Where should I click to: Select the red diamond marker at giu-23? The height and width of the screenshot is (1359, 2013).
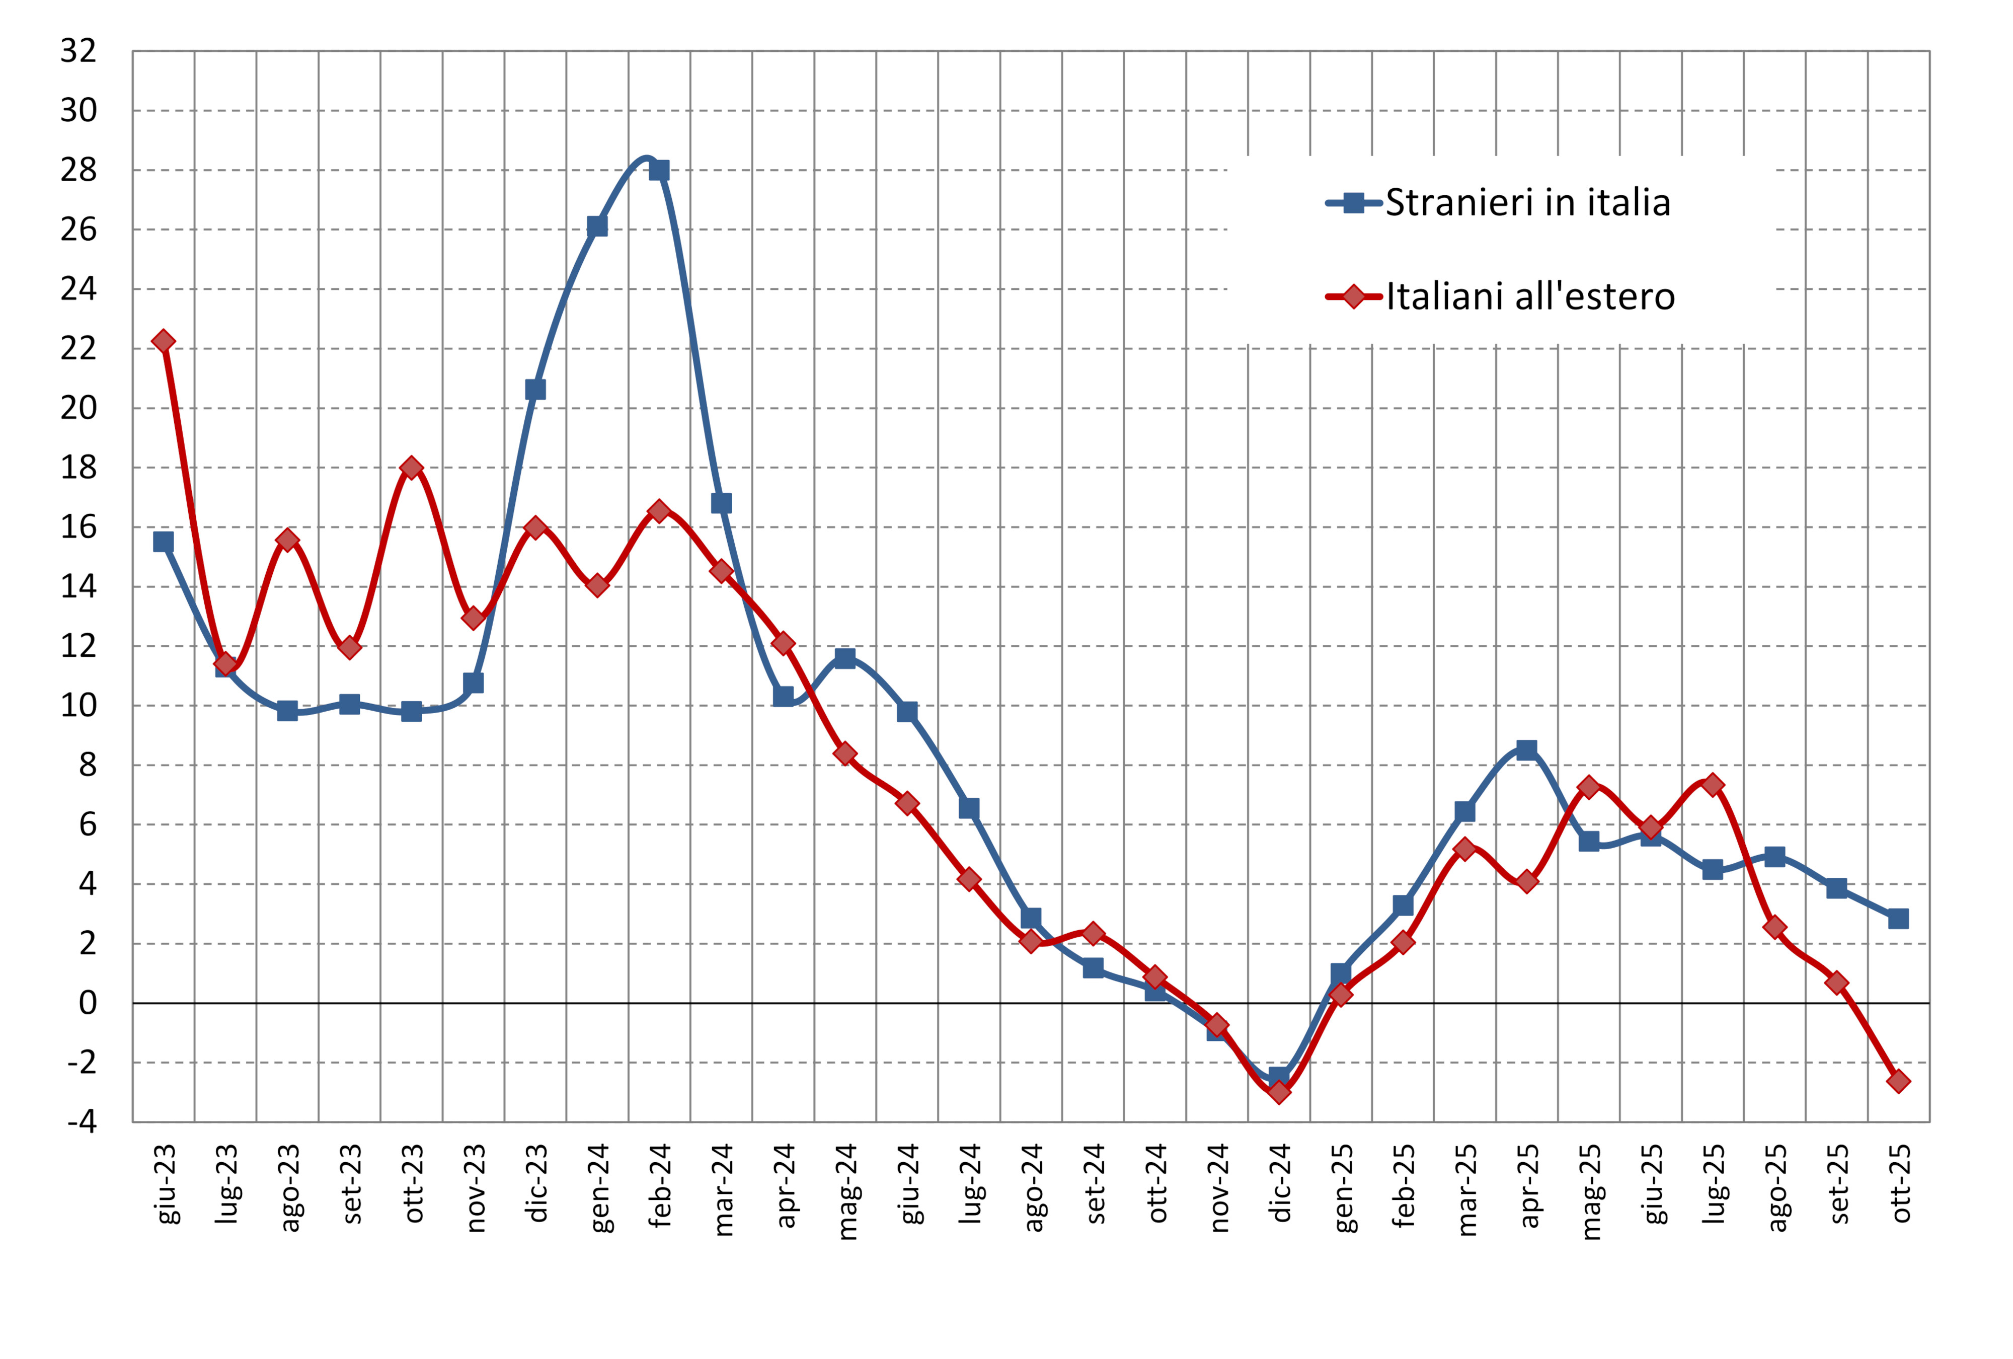(163, 341)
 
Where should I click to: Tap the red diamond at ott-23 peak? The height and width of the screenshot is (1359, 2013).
(412, 468)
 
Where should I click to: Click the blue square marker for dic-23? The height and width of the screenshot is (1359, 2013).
(535, 390)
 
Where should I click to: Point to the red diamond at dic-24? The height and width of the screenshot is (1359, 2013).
(1279, 1092)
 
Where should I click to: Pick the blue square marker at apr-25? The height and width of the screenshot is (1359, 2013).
(1527, 749)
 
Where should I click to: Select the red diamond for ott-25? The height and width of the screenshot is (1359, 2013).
(1898, 1081)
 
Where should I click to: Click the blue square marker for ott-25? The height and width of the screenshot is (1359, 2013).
(1898, 918)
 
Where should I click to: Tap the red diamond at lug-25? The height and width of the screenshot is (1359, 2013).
(1713, 785)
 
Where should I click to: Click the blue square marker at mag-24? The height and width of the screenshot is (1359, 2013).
(844, 658)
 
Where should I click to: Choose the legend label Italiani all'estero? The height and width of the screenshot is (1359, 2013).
(1530, 297)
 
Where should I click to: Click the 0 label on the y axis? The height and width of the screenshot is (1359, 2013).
(88, 1003)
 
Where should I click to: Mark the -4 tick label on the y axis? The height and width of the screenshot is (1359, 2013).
(83, 1121)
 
